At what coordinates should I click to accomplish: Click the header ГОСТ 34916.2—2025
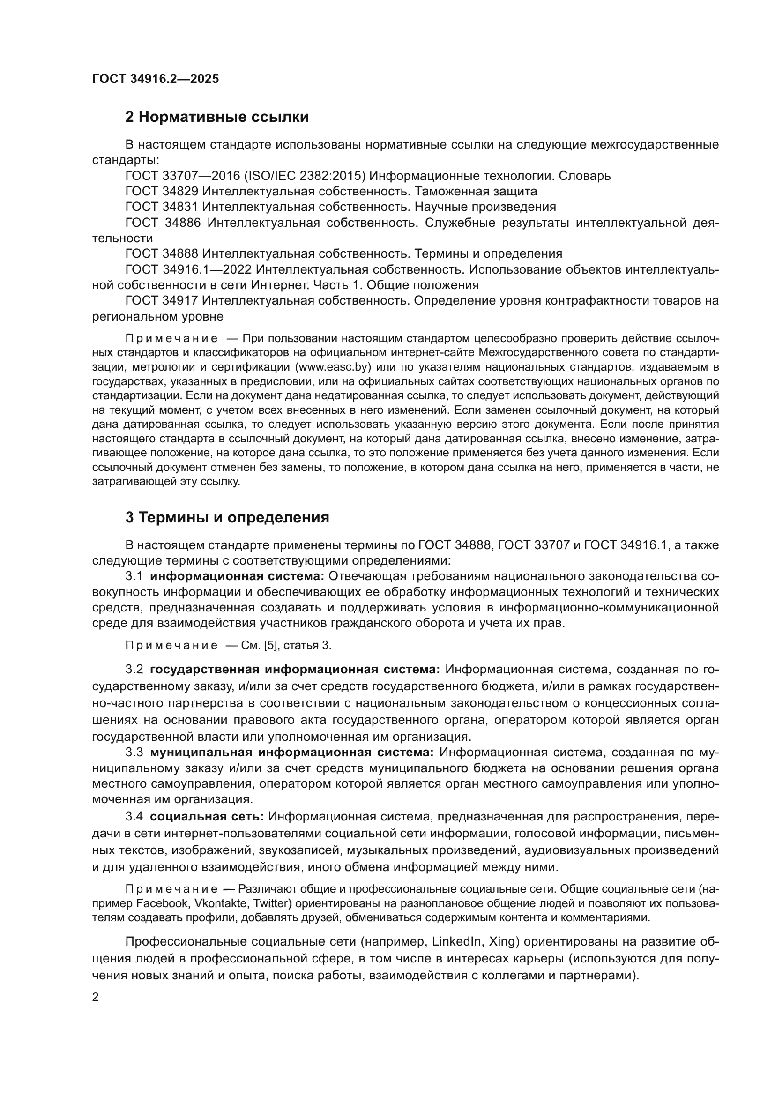pos(156,79)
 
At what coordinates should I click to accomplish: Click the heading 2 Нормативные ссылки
pos(216,117)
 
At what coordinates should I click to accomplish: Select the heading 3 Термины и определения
pos(227,517)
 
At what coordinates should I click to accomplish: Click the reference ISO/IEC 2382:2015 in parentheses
pos(305,176)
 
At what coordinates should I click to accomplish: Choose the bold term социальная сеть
pos(207,817)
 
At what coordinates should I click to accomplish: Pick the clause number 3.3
pos(134,753)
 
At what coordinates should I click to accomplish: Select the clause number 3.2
pos(134,670)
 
